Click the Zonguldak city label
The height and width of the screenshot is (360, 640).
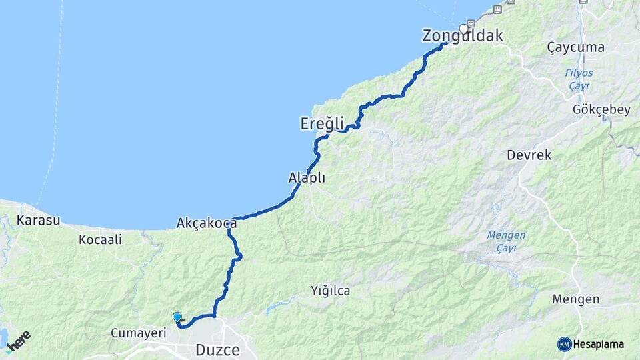(x=463, y=36)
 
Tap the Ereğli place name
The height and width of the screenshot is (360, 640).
(x=322, y=123)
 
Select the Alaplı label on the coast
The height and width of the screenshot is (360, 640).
(x=307, y=177)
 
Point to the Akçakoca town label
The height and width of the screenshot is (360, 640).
(x=207, y=223)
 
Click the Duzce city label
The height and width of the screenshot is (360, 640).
(x=217, y=349)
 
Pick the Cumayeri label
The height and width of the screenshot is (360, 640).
(x=138, y=332)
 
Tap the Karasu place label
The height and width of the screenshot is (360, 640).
(x=39, y=220)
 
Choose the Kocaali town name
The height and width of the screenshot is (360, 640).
(x=100, y=239)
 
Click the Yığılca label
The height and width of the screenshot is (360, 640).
(x=330, y=291)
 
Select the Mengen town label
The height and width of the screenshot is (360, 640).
(x=575, y=299)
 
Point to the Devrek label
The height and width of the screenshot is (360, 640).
(x=529, y=155)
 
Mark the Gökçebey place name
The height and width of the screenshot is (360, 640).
(x=601, y=109)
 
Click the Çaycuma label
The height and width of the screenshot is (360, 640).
(x=575, y=47)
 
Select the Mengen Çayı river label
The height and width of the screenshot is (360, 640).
(x=506, y=241)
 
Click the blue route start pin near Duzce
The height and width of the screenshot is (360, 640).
(x=177, y=317)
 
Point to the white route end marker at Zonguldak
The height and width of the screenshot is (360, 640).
(x=464, y=29)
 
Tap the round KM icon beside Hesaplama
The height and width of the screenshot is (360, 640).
(x=564, y=344)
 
